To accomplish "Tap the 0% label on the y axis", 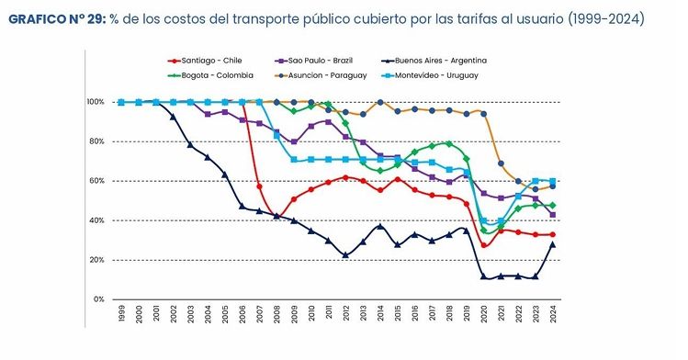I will click(x=98, y=299).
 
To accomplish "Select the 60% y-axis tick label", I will click(x=96, y=181).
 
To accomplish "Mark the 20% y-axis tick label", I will click(x=96, y=260).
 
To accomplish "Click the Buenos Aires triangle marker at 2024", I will click(x=553, y=244).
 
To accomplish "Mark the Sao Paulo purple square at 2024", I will click(x=553, y=215).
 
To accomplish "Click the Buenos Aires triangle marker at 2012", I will click(x=345, y=255).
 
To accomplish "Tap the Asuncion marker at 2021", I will click(x=501, y=163).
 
